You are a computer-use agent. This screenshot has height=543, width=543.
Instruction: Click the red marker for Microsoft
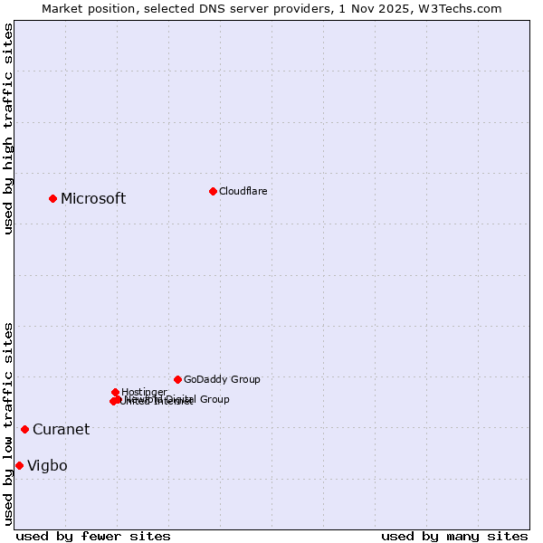(x=52, y=198)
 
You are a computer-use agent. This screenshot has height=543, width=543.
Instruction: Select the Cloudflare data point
(x=213, y=191)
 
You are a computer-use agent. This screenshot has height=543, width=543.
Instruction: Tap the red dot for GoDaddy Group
(x=177, y=379)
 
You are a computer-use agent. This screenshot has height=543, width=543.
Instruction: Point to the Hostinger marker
(x=115, y=392)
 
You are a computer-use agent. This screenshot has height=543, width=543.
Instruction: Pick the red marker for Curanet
(x=24, y=429)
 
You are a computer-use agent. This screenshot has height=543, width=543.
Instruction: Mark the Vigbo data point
(x=19, y=465)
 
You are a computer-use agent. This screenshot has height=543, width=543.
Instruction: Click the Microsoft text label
(x=93, y=199)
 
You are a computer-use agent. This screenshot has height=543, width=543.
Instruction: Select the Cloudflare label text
(x=243, y=192)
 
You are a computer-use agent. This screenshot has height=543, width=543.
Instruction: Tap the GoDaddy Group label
(x=222, y=380)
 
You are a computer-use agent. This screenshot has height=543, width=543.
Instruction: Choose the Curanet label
(x=61, y=430)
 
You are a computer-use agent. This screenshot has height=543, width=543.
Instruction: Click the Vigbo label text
(x=47, y=466)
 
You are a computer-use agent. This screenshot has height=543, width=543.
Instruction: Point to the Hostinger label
(x=144, y=392)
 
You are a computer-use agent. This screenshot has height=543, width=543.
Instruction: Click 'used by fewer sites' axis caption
(x=93, y=536)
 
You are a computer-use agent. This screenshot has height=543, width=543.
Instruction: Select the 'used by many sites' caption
(x=454, y=536)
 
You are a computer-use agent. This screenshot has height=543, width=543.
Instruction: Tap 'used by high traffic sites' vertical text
(x=8, y=129)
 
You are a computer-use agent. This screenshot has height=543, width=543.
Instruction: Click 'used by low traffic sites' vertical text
(x=8, y=424)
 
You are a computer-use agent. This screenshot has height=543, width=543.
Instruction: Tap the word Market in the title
(x=62, y=8)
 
